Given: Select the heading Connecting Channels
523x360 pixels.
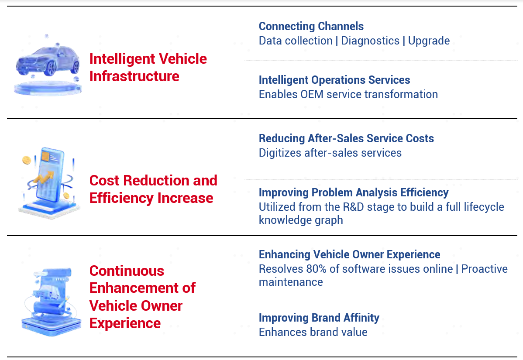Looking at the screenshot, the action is [311, 26].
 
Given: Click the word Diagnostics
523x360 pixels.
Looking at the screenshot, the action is [370, 41].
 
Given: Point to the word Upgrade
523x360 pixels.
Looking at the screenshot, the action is [429, 41].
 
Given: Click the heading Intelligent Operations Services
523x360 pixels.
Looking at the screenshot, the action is [334, 80].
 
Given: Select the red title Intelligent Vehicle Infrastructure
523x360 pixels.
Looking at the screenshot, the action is [148, 67].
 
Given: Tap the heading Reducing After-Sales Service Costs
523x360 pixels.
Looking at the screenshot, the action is [346, 138].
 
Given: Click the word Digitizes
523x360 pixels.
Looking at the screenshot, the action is [280, 153].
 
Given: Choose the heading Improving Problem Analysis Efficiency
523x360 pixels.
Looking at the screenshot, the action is [354, 192].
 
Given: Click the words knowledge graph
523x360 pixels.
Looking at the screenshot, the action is [301, 220].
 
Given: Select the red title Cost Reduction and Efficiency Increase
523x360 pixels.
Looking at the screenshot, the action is [153, 189].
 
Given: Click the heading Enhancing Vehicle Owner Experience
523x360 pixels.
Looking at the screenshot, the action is [350, 254].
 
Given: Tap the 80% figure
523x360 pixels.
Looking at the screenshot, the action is [316, 269].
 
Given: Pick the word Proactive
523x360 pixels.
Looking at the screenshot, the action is [484, 269].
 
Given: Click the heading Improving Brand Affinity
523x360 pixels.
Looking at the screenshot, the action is [319, 318].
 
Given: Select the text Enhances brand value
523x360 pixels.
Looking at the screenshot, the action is [313, 333].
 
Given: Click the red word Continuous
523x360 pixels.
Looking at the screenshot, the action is [127, 271].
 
